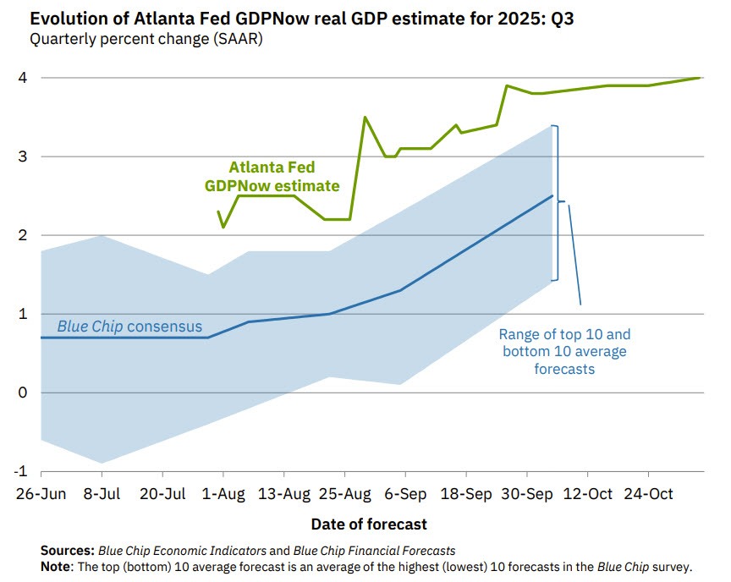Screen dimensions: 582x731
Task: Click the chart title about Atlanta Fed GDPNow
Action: point(287,18)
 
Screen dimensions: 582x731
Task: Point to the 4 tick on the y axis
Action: point(23,78)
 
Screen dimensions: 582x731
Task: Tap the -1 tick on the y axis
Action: point(21,471)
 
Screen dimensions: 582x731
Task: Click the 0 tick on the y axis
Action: point(23,393)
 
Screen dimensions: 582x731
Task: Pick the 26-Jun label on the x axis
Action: point(40,494)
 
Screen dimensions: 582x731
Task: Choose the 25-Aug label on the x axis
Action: point(345,494)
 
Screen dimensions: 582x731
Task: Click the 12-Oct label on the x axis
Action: point(588,494)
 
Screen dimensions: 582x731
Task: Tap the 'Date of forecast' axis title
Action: point(369,524)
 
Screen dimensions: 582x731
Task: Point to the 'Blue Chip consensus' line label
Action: point(129,327)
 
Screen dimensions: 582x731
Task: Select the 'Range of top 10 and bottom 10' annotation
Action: point(565,352)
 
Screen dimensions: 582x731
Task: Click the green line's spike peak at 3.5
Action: point(365,118)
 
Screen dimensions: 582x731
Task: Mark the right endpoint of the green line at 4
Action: point(701,78)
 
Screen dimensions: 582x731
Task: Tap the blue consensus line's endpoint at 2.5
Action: point(552,195)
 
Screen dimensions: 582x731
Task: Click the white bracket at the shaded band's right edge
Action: point(556,203)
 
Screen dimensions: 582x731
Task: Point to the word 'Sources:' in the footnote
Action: point(69,551)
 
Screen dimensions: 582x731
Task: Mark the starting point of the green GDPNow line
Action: point(218,211)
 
